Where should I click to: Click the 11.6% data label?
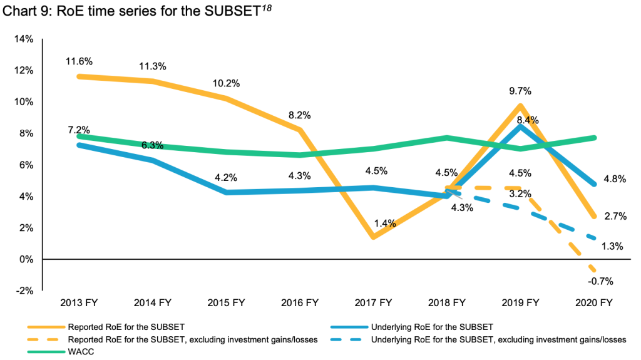pos(79,61)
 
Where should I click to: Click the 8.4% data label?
pos(527,120)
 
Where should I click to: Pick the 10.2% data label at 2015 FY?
pos(227,84)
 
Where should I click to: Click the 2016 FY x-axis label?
pos(300,303)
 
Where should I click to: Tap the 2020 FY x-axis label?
pos(594,303)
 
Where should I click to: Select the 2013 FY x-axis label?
pos(79,303)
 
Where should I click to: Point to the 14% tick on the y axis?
pos(23,39)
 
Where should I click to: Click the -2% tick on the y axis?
pos(23,291)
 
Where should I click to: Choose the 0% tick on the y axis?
pos(26,259)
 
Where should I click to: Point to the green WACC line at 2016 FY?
pos(300,155)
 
